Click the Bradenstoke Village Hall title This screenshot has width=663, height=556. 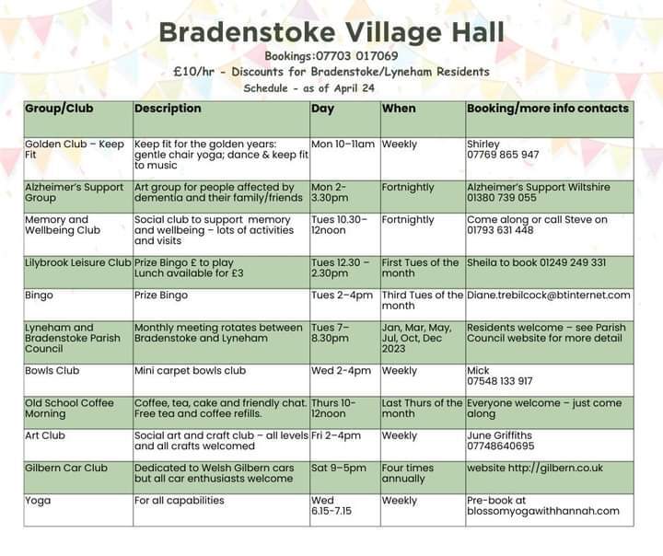pos(331,32)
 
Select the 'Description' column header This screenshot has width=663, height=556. pos(168,109)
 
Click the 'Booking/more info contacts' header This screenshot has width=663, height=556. pos(548,109)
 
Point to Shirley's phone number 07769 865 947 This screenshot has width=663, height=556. pos(503,155)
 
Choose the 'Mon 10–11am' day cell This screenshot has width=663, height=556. pos(343,145)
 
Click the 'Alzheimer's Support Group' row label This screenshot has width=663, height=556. pos(74,192)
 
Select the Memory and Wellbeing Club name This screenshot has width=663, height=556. pos(63,225)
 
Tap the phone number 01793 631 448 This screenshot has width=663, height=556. pos(500,230)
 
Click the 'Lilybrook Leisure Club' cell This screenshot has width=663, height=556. pos(77,262)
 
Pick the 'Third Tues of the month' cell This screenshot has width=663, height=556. pos(423,300)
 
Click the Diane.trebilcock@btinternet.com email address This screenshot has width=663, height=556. pos(549,295)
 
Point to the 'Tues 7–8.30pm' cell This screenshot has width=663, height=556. pos(331,332)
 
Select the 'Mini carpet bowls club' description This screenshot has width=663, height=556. pos(190,371)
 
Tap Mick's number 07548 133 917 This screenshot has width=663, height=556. pos(499,381)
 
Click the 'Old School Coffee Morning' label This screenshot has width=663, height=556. pos(69,409)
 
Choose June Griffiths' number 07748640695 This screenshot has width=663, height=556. pos(501,446)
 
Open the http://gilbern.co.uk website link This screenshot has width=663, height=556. pos(555,468)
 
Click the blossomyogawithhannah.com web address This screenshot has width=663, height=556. pos(543,511)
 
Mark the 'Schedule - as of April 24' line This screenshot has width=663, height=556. pos(309,88)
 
